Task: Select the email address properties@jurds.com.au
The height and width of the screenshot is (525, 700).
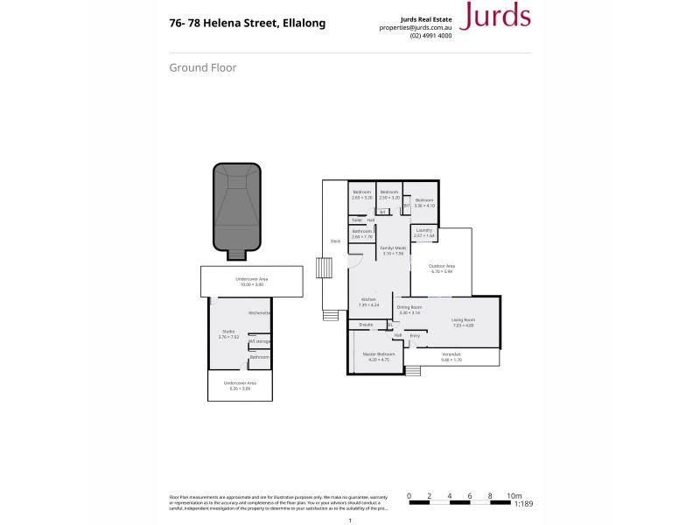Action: [x=416, y=27]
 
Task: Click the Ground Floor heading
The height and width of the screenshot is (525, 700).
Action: [x=202, y=67]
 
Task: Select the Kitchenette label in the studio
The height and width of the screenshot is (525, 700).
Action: [x=260, y=312]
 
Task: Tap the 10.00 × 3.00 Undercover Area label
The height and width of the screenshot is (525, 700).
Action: [x=250, y=282]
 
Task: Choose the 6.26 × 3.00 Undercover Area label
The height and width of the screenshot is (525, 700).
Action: [x=240, y=385]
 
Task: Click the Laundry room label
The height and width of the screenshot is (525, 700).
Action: [x=424, y=232]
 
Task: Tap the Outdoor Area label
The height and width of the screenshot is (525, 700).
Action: [x=443, y=269]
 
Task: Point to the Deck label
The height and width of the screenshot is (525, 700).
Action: [x=334, y=241]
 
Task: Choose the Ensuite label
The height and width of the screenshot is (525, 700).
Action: [x=366, y=325]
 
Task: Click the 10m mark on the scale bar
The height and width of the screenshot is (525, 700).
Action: [x=514, y=495]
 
